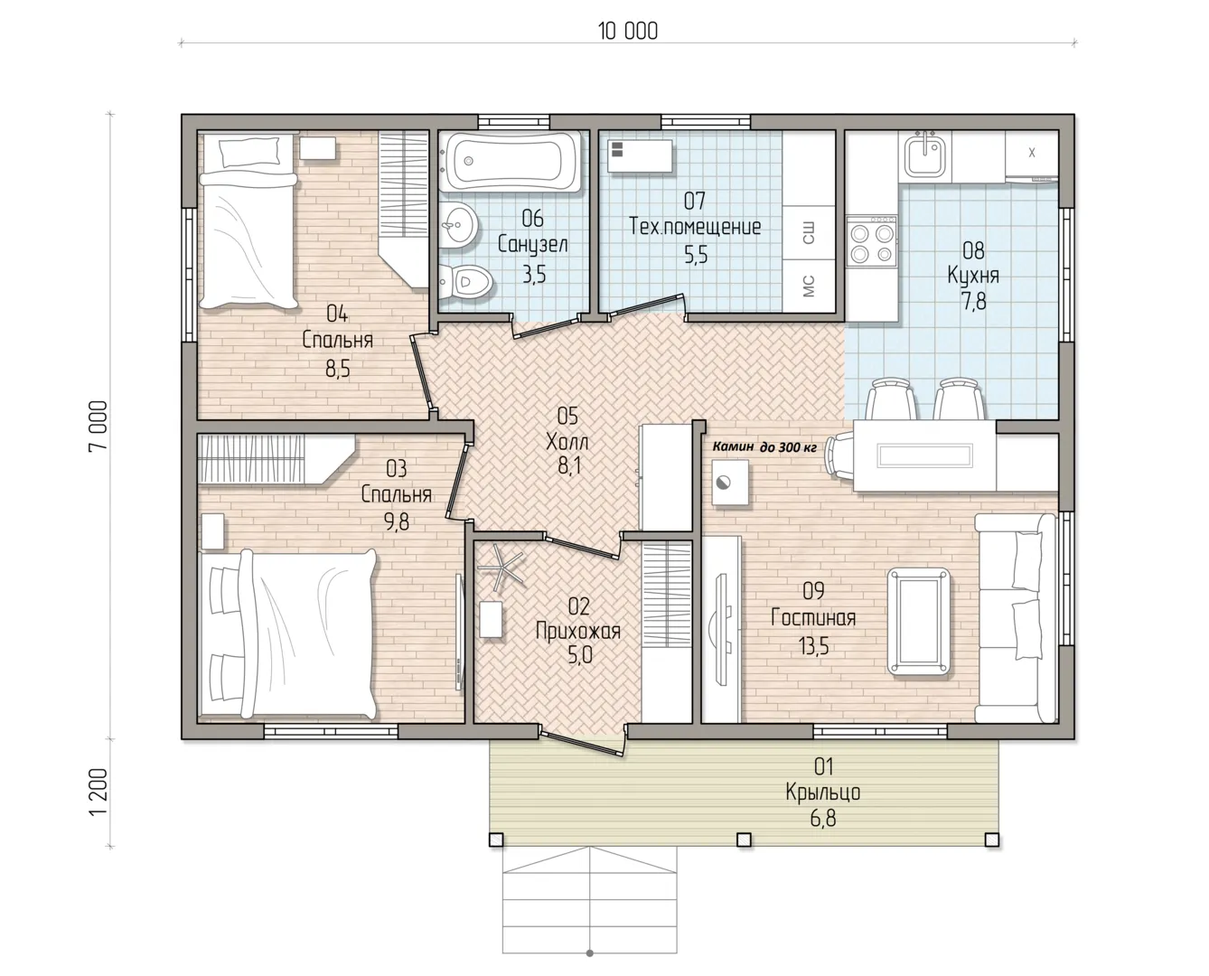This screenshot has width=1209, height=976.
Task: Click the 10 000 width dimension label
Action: pyautogui.click(x=628, y=31)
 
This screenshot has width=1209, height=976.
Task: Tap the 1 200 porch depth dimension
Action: pyautogui.click(x=98, y=792)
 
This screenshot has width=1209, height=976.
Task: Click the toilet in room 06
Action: pyautogui.click(x=466, y=281)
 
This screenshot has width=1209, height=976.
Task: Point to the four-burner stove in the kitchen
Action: pyautogui.click(x=871, y=241)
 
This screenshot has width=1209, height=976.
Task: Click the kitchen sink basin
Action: pyautogui.click(x=925, y=155)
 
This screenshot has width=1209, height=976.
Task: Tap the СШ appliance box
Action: pyautogui.click(x=809, y=233)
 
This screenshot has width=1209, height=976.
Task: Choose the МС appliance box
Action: pyautogui.click(x=809, y=286)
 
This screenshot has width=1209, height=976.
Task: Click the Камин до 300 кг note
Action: pyautogui.click(x=764, y=447)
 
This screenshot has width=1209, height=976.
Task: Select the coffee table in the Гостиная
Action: pyautogui.click(x=918, y=622)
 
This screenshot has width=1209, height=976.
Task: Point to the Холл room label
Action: pyautogui.click(x=567, y=441)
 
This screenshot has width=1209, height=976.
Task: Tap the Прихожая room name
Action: pyautogui.click(x=577, y=632)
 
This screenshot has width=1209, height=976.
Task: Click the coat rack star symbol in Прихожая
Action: pyautogui.click(x=499, y=566)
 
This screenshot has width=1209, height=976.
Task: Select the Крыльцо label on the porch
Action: pyautogui.click(x=822, y=792)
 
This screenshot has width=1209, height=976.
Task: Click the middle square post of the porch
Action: pyautogui.click(x=744, y=840)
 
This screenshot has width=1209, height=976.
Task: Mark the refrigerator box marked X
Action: pyautogui.click(x=1031, y=154)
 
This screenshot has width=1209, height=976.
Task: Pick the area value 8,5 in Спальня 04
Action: pyautogui.click(x=338, y=370)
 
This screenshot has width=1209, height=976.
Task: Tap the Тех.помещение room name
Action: pyautogui.click(x=695, y=227)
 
